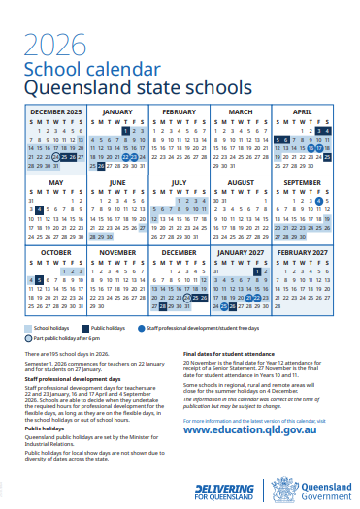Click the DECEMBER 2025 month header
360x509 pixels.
pyautogui.click(x=55, y=112)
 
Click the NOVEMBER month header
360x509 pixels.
pyautogui.click(x=117, y=252)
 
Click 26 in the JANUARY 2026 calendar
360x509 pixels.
pyautogui.click(x=100, y=166)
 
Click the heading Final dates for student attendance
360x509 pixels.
pyautogui.click(x=230, y=354)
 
